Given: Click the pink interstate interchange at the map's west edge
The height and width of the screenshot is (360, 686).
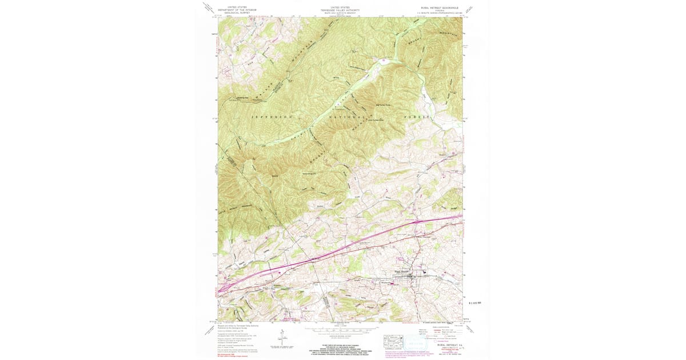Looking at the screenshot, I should point(224,288).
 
